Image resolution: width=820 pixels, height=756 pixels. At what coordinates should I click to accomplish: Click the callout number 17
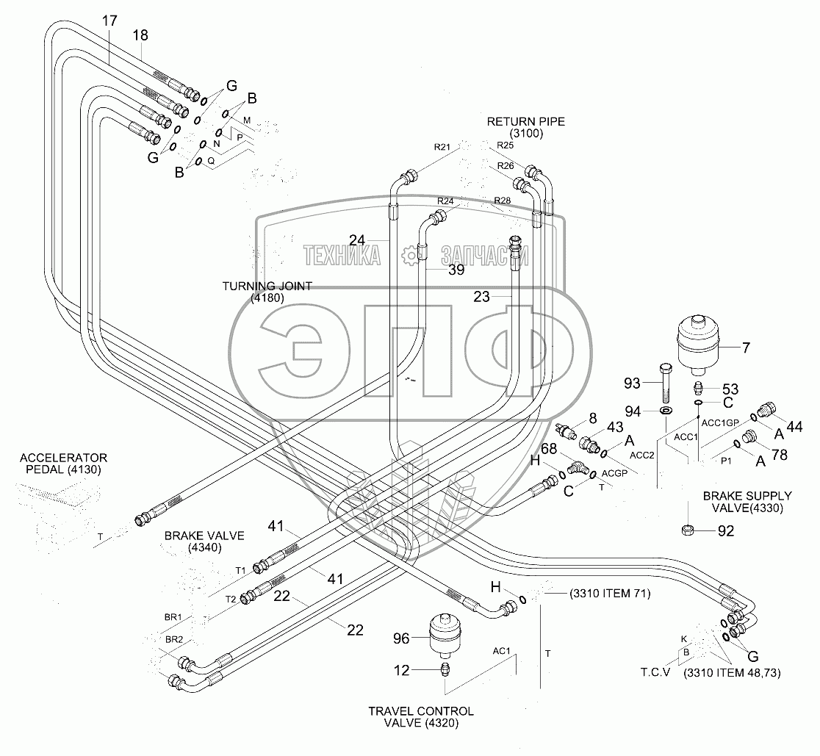(109, 21)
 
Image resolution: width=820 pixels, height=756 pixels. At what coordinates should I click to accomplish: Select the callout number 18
(140, 35)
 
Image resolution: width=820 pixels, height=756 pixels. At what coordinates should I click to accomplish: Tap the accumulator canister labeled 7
(697, 345)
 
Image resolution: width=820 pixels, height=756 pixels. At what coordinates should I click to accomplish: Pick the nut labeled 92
(688, 530)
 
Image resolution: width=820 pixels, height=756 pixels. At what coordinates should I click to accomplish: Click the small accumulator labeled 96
(443, 634)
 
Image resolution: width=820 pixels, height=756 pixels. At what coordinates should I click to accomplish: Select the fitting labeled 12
(445, 669)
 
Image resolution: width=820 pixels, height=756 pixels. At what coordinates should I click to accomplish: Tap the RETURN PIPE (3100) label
(525, 127)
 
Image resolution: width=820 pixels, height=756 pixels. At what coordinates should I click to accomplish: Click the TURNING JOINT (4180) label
(267, 292)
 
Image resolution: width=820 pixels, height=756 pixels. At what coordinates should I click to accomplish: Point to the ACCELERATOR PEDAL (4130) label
(63, 463)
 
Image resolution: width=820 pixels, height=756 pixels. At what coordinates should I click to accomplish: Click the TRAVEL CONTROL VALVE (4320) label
(421, 717)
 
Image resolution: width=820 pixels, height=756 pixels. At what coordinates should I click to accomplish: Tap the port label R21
(442, 147)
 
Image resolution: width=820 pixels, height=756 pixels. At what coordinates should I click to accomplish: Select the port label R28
(502, 201)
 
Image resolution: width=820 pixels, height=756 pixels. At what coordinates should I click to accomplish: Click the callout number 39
(456, 270)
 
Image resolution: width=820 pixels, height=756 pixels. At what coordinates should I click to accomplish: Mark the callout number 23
(482, 297)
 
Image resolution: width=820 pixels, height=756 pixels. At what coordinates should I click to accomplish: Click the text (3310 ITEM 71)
(610, 594)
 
